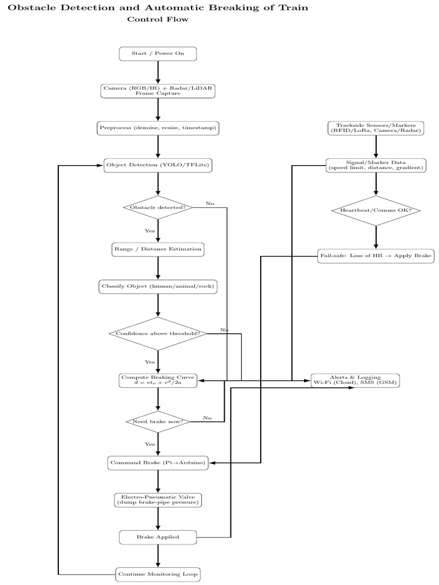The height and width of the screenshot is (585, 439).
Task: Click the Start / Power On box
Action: pyautogui.click(x=158, y=54)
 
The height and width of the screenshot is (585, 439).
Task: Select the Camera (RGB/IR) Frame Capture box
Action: pyautogui.click(x=158, y=91)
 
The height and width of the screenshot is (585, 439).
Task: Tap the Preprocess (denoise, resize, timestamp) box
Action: pyautogui.click(x=158, y=128)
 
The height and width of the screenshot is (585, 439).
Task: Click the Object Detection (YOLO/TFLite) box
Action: pyautogui.click(x=158, y=166)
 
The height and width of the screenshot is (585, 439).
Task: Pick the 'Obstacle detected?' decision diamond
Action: pyautogui.click(x=158, y=207)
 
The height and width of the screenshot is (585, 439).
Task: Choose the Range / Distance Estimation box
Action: pyautogui.click(x=158, y=249)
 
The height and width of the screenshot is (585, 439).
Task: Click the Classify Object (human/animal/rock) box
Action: pyautogui.click(x=158, y=286)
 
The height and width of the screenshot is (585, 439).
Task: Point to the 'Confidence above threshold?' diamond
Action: pyautogui.click(x=158, y=334)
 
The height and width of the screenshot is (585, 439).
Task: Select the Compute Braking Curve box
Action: pyautogui.click(x=158, y=380)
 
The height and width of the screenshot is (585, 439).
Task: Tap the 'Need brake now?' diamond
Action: pyautogui.click(x=158, y=422)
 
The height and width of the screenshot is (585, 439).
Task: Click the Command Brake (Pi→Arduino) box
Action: pyautogui.click(x=158, y=462)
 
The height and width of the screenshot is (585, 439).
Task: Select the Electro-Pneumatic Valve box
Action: pyautogui.click(x=158, y=500)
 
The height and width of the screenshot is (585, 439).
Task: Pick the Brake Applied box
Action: pyautogui.click(x=158, y=537)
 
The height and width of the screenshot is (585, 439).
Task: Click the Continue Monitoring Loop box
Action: pyautogui.click(x=158, y=574)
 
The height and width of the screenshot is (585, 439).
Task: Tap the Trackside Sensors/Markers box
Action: pyautogui.click(x=376, y=128)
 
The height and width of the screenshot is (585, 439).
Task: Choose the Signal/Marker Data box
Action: pyautogui.click(x=376, y=165)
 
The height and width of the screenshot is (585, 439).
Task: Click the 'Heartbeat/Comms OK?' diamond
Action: pyautogui.click(x=376, y=210)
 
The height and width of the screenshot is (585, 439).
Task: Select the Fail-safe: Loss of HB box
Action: pyautogui.click(x=376, y=255)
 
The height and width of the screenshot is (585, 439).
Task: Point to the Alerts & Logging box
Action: pyautogui.click(x=355, y=380)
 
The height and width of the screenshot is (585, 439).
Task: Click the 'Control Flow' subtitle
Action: pyautogui.click(x=158, y=19)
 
